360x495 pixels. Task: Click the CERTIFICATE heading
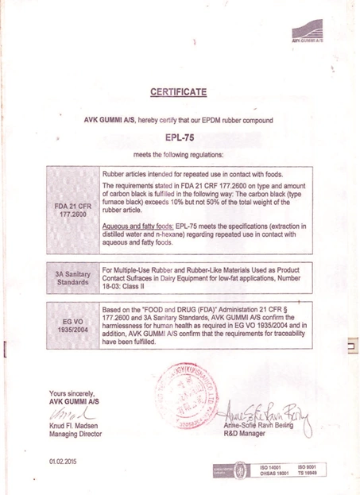click(179, 92)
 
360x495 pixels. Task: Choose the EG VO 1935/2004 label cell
click(73, 326)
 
